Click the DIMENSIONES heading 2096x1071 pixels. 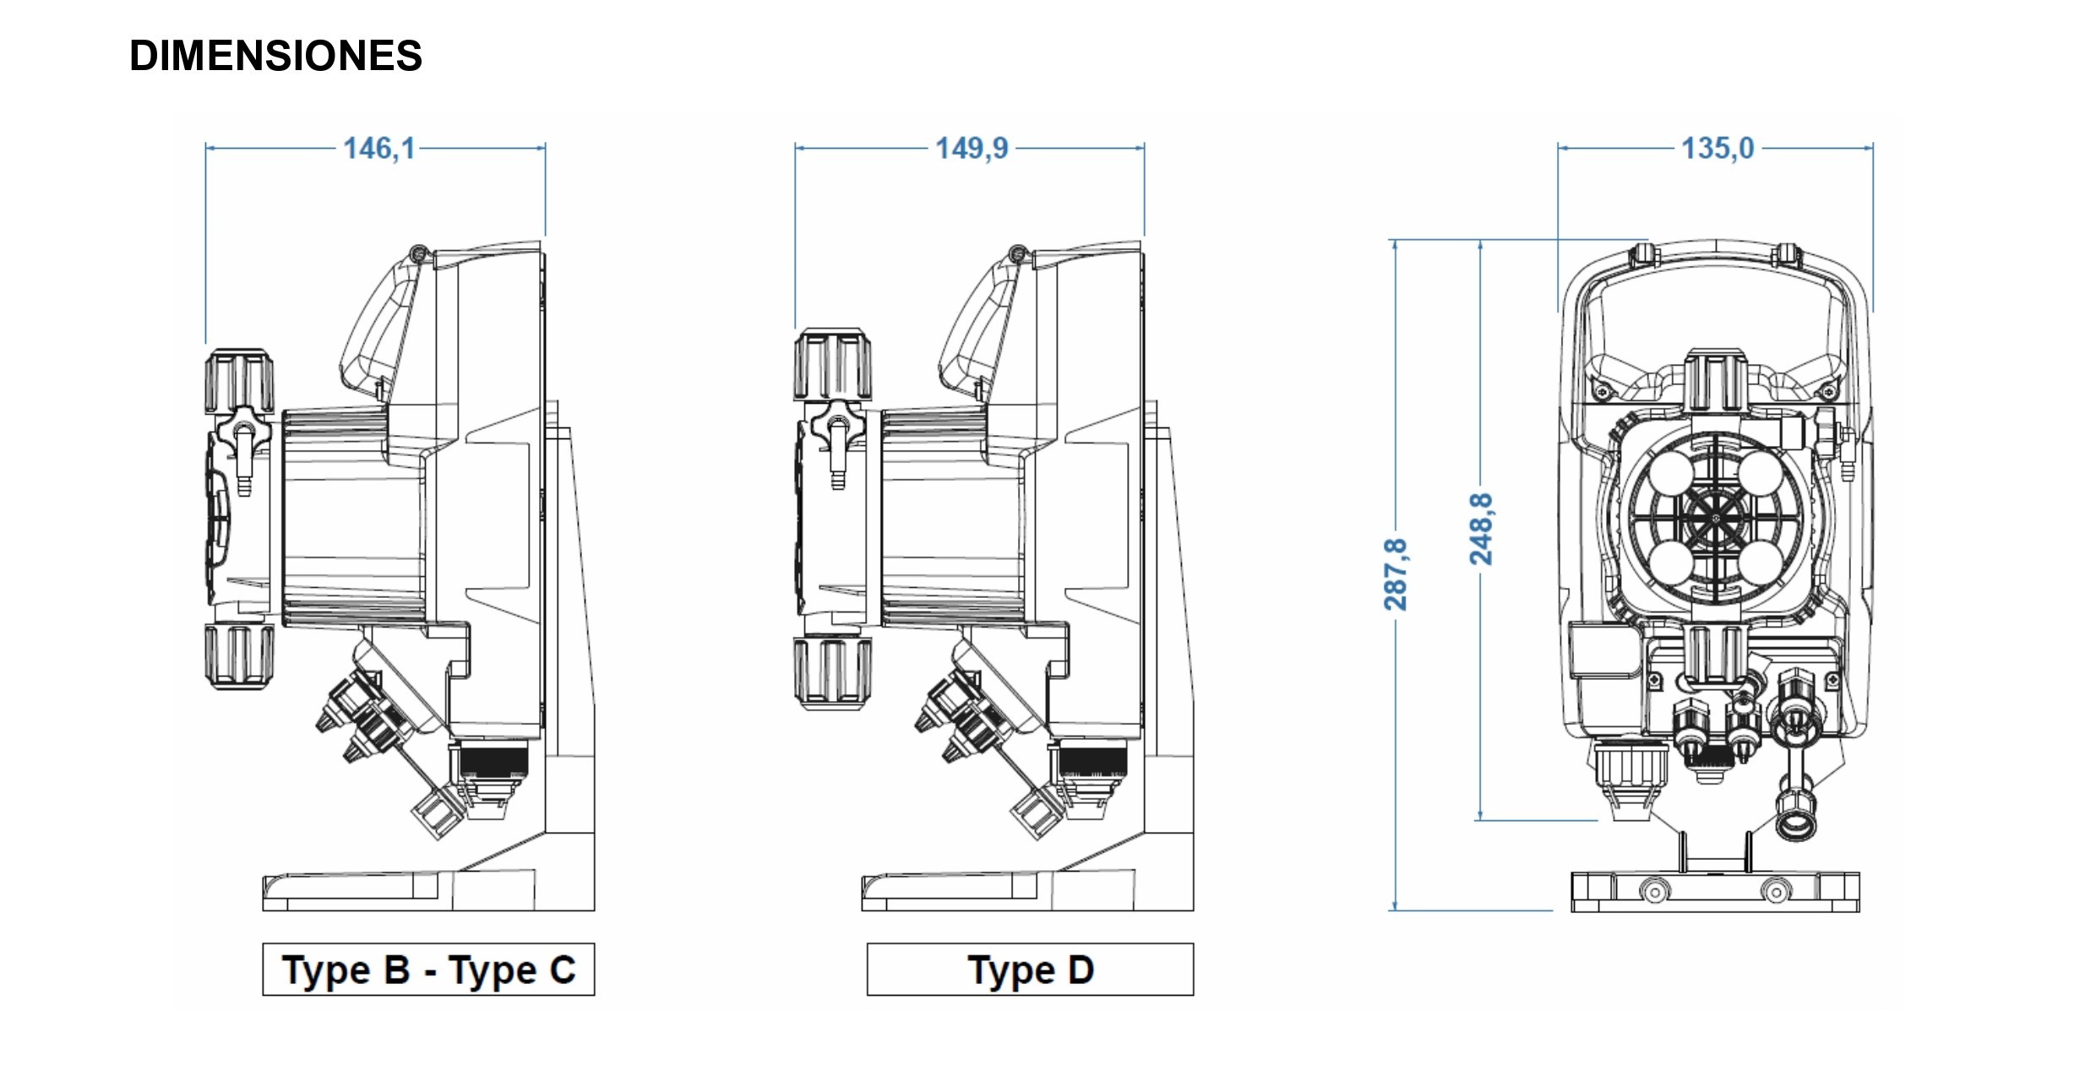tap(275, 56)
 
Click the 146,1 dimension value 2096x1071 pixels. tap(379, 149)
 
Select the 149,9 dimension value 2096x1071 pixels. tap(972, 149)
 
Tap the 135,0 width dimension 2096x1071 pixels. tap(1718, 149)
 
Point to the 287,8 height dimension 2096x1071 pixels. tap(1395, 574)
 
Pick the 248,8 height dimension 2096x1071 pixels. tap(1481, 529)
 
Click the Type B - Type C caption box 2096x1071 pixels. tap(428, 970)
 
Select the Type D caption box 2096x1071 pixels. tap(1030, 970)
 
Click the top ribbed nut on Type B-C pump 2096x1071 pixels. tap(239, 383)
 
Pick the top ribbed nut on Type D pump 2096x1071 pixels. tap(833, 365)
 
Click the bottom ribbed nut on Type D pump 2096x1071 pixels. tap(833, 672)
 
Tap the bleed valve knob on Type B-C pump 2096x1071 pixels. tap(243, 426)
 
